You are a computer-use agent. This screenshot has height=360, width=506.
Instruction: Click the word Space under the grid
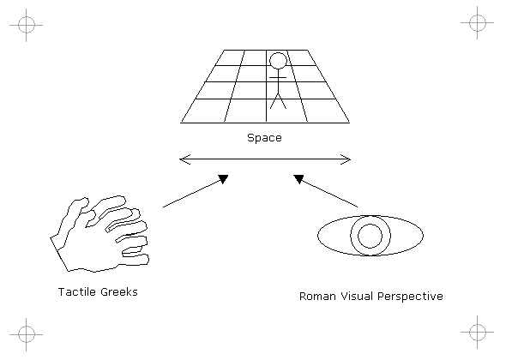(x=264, y=138)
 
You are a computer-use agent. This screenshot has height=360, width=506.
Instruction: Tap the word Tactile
(x=77, y=292)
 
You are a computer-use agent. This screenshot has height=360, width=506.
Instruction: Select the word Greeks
(x=119, y=292)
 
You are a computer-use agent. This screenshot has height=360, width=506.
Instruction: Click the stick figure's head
(x=278, y=61)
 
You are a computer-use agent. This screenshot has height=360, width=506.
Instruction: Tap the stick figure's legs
(x=278, y=101)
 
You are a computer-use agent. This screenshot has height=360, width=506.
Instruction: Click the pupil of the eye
(x=370, y=236)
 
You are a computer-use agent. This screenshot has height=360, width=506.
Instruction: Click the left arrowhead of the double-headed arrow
(x=184, y=159)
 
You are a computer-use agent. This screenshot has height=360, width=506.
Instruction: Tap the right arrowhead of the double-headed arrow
(x=346, y=159)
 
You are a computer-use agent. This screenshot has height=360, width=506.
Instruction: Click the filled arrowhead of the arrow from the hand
(x=223, y=178)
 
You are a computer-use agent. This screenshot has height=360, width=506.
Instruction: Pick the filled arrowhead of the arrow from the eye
(x=298, y=179)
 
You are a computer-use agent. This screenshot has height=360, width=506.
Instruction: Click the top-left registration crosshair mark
(x=26, y=25)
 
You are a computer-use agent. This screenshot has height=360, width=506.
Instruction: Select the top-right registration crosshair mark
(x=478, y=23)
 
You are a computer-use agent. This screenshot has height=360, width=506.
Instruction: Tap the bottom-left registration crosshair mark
(x=26, y=334)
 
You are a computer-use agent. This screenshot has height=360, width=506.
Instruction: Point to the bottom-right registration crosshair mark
(x=478, y=332)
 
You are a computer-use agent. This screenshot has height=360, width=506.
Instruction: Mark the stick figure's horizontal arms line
(x=278, y=78)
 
